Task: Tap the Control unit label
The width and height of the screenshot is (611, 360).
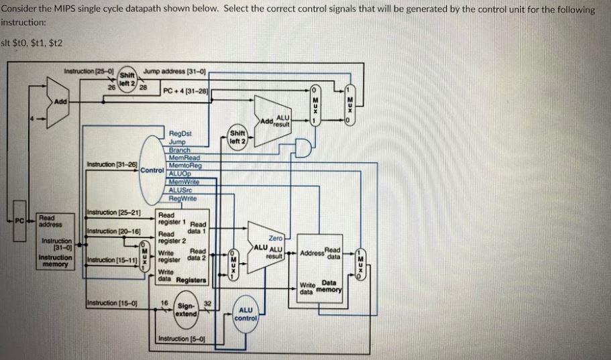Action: coord(153,170)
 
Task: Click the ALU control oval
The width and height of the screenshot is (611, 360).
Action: coord(245,314)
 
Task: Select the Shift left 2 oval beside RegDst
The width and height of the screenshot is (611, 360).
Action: coord(238,137)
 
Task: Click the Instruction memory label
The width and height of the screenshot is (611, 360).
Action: coord(56,261)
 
